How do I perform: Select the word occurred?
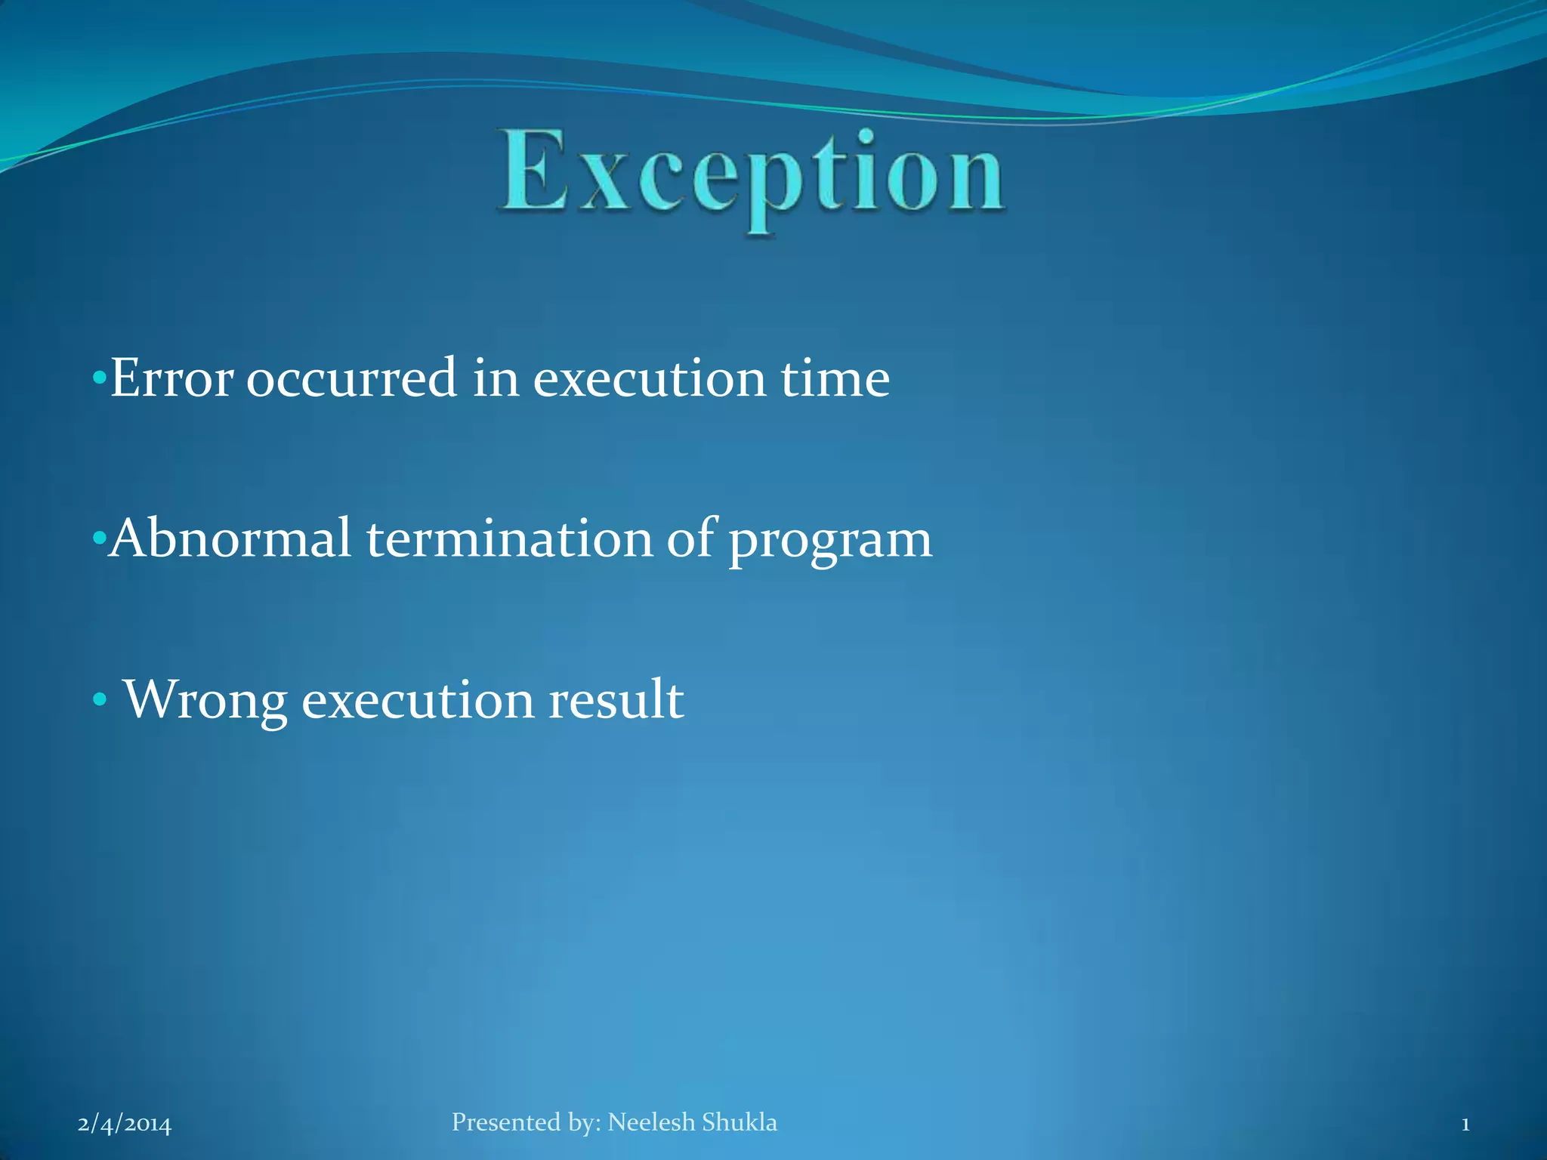point(351,378)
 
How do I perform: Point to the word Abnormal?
point(230,538)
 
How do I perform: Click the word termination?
point(510,538)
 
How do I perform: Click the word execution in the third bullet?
point(424,700)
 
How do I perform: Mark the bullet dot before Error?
point(99,377)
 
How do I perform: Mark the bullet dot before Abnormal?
point(98,538)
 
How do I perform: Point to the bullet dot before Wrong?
point(99,699)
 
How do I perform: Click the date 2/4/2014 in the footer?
point(125,1125)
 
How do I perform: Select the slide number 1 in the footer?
point(1465,1125)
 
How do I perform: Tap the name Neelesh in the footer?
point(651,1122)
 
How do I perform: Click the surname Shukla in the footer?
point(740,1122)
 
